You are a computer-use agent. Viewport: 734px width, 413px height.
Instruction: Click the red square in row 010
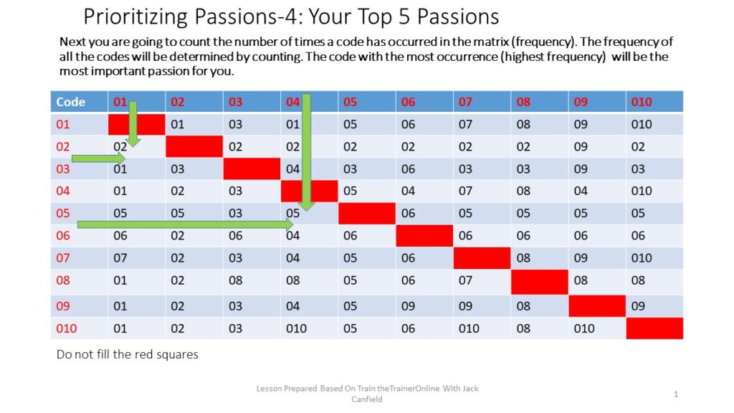(654, 328)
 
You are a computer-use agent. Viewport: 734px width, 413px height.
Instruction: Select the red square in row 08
(539, 280)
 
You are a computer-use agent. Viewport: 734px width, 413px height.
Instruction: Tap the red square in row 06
(424, 235)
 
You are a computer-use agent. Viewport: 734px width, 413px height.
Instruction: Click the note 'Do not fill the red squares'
(127, 354)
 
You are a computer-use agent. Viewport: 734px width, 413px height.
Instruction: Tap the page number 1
(676, 394)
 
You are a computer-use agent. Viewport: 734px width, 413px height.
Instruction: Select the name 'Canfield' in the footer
(367, 399)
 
